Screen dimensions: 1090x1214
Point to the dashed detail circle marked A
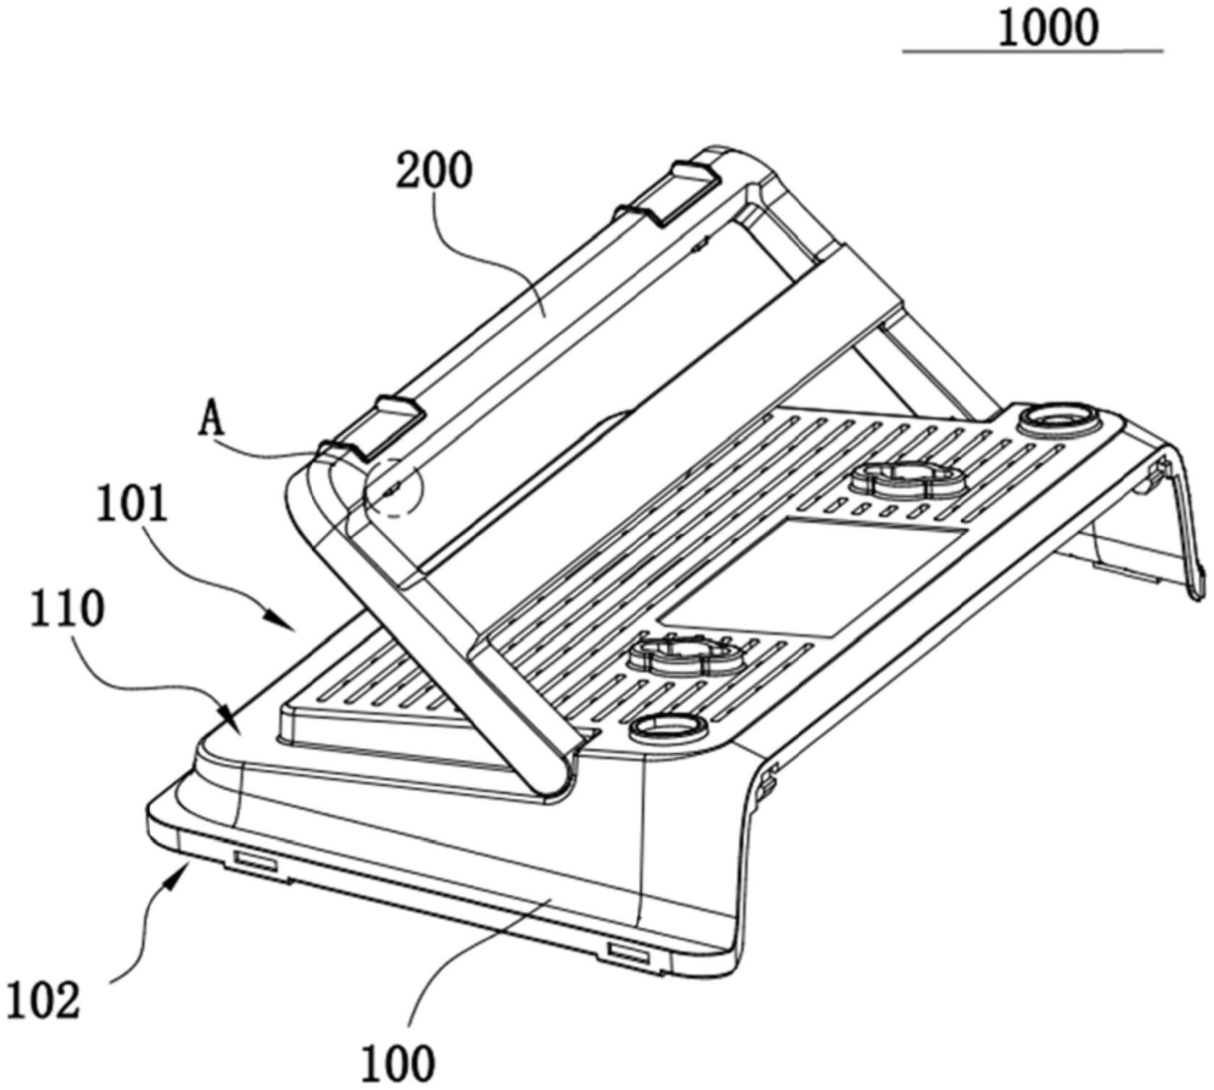tap(395, 486)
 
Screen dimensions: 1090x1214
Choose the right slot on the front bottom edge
tap(629, 952)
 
